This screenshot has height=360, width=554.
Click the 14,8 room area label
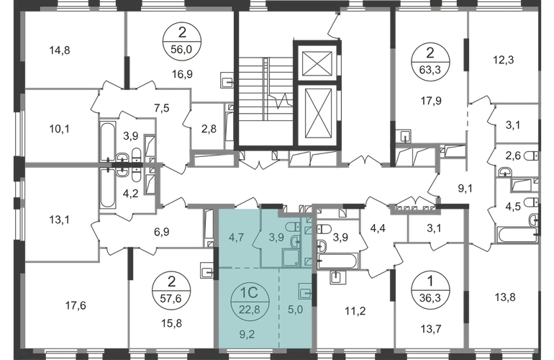click(60, 50)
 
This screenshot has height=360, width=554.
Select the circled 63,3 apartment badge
click(430, 61)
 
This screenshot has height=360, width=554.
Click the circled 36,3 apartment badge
click(430, 291)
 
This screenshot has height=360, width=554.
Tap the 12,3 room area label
click(504, 60)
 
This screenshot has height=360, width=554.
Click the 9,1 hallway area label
click(466, 189)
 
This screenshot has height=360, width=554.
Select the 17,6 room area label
click(76, 305)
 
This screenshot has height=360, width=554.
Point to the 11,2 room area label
click(355, 311)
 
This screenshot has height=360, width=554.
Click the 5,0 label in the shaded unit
click(296, 310)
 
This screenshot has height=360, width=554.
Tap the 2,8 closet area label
click(209, 129)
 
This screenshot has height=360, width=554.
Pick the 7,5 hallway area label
click(161, 108)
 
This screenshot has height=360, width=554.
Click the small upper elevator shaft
click(317, 63)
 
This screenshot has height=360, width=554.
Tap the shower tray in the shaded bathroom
click(291, 257)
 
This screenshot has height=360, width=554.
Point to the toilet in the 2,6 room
click(532, 156)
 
